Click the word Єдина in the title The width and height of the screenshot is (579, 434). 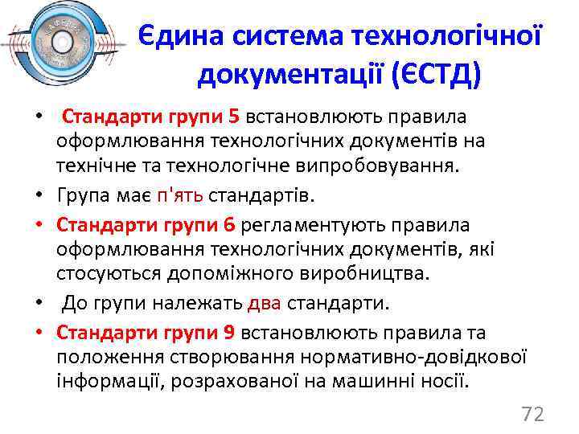point(183,35)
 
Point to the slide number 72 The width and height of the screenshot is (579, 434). point(532,414)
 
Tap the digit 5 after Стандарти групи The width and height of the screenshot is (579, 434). point(234,117)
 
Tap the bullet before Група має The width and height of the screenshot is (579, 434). point(39,196)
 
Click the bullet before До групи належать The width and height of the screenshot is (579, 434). point(39,304)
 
